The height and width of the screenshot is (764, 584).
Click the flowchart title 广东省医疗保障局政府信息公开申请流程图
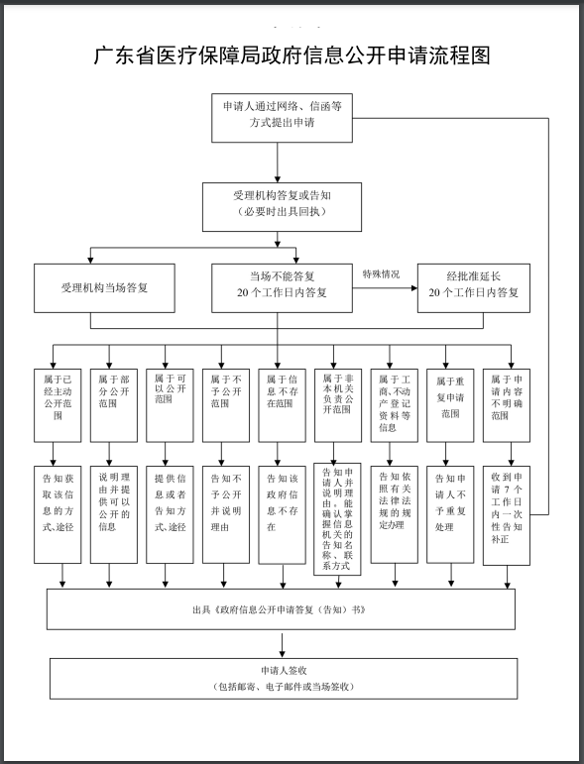292,55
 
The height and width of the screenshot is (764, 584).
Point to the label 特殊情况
381,273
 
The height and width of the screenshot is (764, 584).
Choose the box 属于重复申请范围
447,403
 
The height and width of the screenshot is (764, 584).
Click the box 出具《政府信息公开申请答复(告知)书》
280,609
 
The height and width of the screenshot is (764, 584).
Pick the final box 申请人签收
284,678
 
